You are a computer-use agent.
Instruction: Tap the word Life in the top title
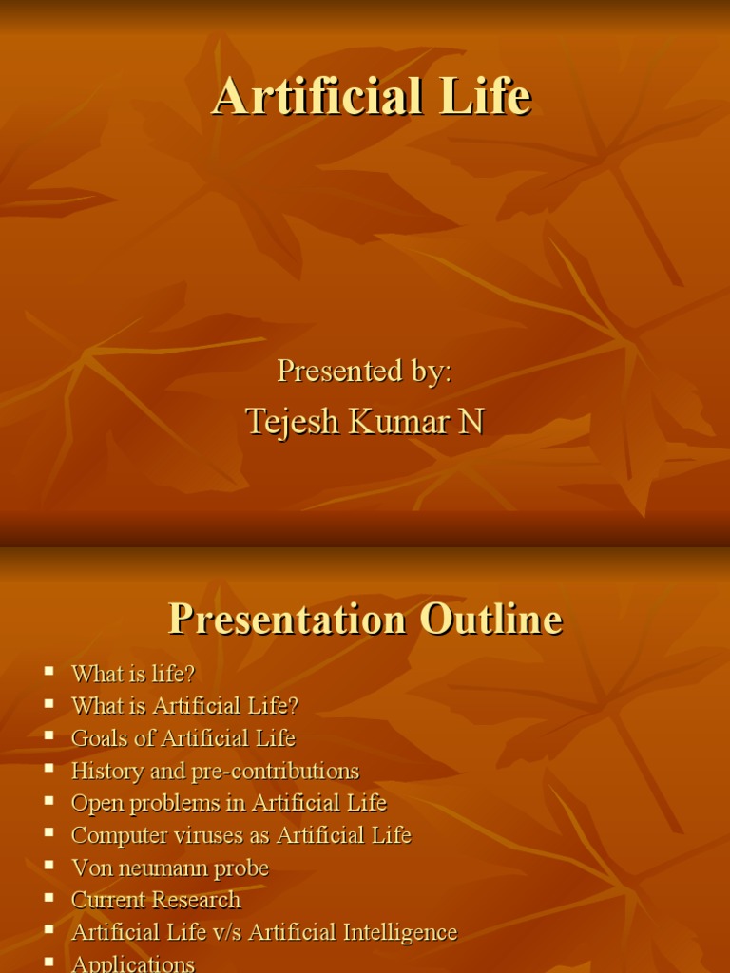point(483,98)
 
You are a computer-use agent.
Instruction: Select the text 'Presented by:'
point(364,371)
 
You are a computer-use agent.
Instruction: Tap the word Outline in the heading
point(491,620)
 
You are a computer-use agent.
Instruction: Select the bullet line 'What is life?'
point(133,674)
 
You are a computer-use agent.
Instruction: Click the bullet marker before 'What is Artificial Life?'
point(49,704)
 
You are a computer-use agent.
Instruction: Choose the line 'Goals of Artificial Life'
point(183,738)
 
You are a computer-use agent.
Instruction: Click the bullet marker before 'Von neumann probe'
point(49,866)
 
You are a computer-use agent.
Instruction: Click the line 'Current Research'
point(156,900)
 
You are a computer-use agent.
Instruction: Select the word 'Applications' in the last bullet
point(133,963)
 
